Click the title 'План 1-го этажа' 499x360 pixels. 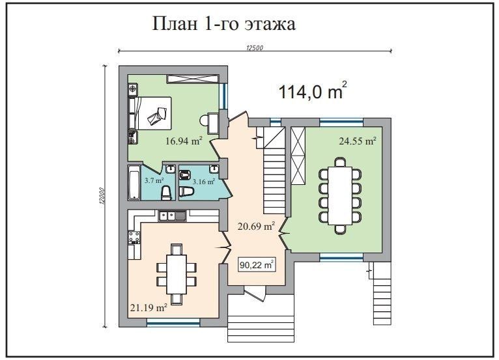click(224, 23)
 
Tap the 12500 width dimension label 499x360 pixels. click(255, 48)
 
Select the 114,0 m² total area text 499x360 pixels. click(313, 90)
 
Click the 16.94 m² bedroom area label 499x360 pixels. click(184, 141)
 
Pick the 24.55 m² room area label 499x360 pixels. click(358, 141)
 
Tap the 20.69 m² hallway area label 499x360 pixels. click(256, 227)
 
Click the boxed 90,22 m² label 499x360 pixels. click(257, 264)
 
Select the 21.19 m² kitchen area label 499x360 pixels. click(149, 307)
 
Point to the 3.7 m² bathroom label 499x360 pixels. click(154, 180)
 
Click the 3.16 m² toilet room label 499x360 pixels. click(204, 182)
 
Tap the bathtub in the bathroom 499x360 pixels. click(134, 182)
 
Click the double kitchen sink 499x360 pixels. click(172, 216)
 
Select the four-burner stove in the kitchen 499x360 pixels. click(134, 237)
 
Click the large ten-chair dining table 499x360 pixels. click(340, 195)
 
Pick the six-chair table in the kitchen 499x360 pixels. click(177, 274)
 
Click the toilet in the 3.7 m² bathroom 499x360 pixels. click(166, 193)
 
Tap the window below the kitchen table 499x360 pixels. click(173, 322)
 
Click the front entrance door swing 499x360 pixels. click(255, 293)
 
